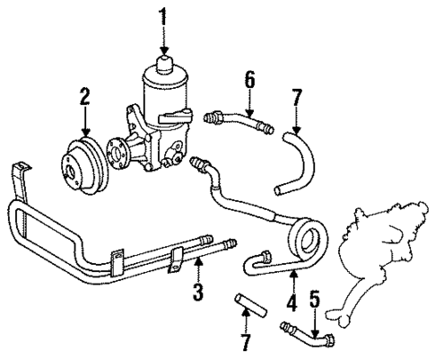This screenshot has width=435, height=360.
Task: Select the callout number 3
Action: (196, 292)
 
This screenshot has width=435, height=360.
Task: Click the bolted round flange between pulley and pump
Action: (117, 150)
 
